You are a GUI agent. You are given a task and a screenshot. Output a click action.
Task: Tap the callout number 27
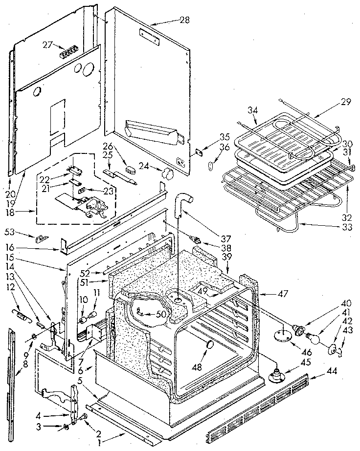tap(47, 44)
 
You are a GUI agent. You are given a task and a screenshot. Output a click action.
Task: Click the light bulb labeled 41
tap(313, 338)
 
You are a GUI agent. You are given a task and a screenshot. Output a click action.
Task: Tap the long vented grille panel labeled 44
tap(258, 404)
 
